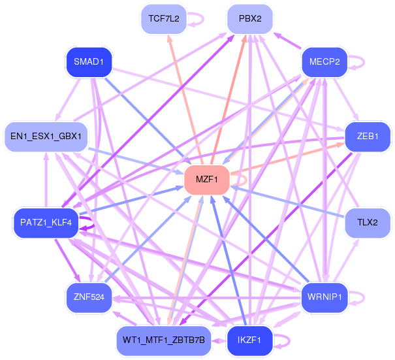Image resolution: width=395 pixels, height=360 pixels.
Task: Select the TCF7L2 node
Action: click(163, 18)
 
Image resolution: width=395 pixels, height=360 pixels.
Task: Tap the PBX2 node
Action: click(250, 18)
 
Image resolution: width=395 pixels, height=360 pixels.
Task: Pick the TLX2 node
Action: click(368, 223)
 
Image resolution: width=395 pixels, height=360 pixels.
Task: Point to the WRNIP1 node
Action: click(324, 297)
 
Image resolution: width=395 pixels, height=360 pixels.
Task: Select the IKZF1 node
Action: click(249, 340)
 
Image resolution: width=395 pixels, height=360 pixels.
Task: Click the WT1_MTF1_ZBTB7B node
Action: click(163, 340)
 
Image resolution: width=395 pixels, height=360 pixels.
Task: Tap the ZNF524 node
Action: click(89, 297)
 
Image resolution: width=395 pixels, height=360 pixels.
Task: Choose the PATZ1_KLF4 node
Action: click(46, 223)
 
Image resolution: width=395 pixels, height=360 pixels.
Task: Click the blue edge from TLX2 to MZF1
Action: click(287, 202)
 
